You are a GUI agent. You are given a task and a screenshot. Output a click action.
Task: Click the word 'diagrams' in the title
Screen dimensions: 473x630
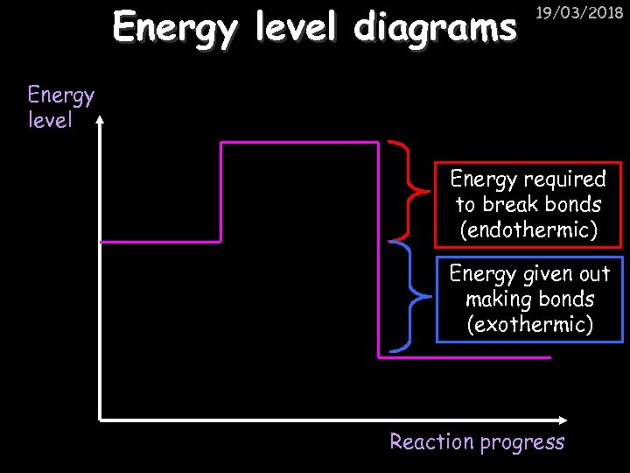434,28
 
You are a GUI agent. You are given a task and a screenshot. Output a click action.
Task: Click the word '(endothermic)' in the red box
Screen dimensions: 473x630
528,230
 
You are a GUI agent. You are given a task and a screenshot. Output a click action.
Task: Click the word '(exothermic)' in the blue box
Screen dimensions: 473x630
529,325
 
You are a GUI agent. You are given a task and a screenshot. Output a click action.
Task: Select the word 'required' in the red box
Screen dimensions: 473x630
565,180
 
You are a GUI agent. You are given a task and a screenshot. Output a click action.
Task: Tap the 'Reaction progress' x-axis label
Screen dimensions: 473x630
477,441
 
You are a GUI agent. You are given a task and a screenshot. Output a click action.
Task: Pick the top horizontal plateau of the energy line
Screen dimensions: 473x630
299,142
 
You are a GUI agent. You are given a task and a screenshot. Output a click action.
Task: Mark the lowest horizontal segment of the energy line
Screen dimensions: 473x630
464,357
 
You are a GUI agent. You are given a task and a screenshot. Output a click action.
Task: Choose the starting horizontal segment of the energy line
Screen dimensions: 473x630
160,241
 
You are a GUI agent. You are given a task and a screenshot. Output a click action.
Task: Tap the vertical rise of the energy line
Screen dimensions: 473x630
220,191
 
